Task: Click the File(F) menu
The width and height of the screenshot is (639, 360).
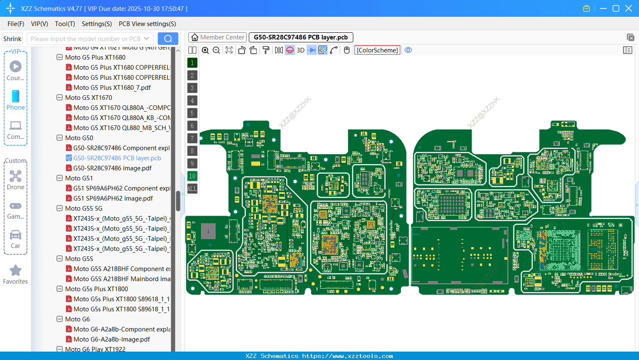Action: click(16, 24)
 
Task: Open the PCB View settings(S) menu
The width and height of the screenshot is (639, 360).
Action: click(147, 24)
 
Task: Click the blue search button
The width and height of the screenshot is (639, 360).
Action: click(168, 39)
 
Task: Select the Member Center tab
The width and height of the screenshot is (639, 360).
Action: click(218, 37)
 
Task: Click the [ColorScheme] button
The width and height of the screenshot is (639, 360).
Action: click(377, 50)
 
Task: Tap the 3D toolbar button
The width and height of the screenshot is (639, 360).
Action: click(300, 50)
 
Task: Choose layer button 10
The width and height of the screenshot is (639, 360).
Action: click(192, 176)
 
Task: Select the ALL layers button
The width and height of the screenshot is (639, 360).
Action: click(192, 189)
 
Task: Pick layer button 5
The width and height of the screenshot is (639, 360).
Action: click(192, 113)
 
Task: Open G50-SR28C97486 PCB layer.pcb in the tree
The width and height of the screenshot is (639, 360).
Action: click(117, 158)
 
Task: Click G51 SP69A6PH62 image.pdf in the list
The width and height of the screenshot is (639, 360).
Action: click(113, 198)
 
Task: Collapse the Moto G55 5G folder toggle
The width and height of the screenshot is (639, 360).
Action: click(60, 209)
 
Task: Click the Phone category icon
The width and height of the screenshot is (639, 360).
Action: click(16, 97)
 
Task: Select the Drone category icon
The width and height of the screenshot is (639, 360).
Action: click(16, 176)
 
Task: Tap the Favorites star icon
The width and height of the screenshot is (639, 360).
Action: click(16, 271)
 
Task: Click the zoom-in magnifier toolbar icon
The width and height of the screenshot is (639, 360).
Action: click(205, 50)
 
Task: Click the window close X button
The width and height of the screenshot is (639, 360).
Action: click(629, 8)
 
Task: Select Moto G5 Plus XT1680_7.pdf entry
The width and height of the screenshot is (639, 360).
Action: click(112, 88)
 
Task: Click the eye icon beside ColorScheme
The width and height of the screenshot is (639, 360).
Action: click(408, 50)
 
